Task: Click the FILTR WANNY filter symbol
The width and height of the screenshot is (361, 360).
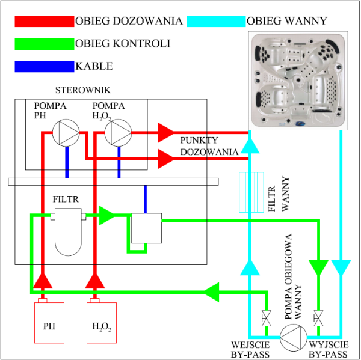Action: [251, 192]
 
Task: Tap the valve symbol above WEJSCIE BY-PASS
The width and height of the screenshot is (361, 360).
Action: [265, 316]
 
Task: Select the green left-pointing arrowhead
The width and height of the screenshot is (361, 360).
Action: [211, 293]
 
